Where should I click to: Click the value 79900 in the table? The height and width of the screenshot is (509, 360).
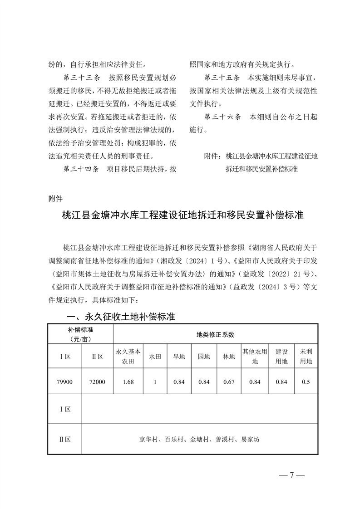(64, 382)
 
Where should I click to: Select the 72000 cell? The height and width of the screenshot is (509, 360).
(97, 382)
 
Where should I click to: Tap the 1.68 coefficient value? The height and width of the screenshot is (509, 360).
(128, 382)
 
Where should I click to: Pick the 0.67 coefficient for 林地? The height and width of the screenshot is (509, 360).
(229, 382)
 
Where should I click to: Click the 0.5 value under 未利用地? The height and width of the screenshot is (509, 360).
(306, 382)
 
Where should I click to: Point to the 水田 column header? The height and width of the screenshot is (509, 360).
(155, 357)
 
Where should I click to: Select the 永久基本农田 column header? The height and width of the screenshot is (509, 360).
(128, 357)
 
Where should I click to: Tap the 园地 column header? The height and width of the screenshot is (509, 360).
(203, 357)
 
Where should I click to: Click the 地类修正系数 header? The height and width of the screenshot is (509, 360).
(215, 334)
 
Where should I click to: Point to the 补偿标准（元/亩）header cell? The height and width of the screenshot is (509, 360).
(80, 334)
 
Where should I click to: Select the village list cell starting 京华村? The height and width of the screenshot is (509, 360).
(199, 439)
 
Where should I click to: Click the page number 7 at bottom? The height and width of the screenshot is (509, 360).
(292, 475)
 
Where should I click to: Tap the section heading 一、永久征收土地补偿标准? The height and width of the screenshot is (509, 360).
(121, 317)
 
